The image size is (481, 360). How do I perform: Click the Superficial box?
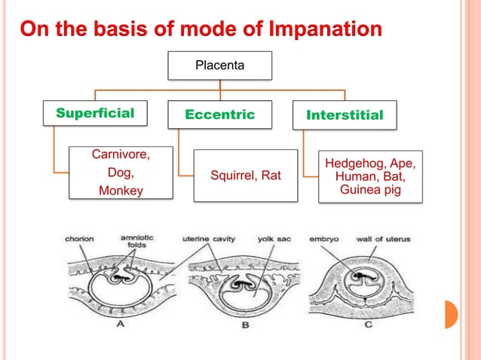pos(95,114)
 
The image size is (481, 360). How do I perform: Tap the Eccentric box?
pos(220,114)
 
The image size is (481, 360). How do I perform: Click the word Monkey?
pos(121,191)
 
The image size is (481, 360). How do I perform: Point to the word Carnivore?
pos(121,155)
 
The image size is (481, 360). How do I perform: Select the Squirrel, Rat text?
pos(246,175)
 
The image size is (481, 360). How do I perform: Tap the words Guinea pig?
pos(370,191)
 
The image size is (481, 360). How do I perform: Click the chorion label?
pos(79,239)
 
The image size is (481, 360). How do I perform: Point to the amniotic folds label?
pos(137,240)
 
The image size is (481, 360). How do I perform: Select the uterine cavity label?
pos(209,239)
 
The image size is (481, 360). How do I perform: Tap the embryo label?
pos(324,239)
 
